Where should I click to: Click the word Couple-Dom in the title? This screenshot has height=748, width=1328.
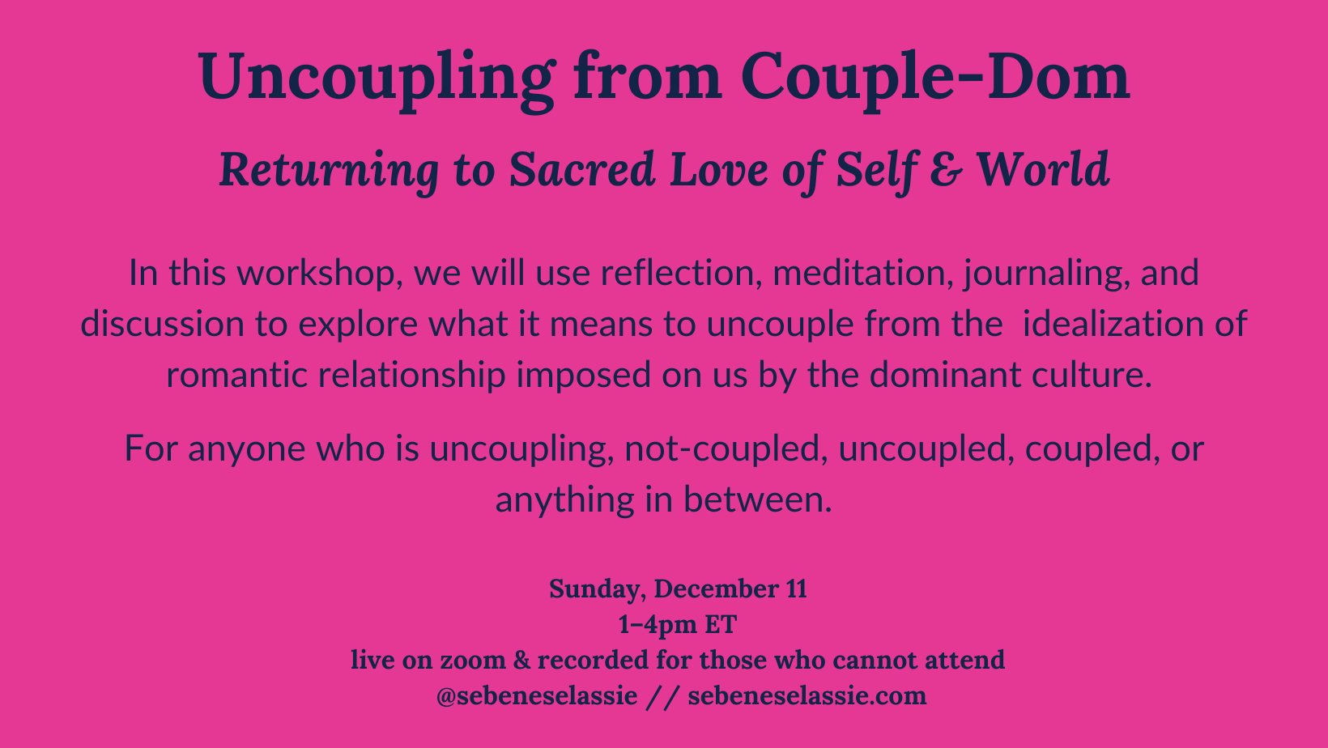point(935,77)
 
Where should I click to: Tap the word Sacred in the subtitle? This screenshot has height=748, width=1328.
point(581,171)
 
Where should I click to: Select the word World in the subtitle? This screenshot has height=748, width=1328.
point(1043,171)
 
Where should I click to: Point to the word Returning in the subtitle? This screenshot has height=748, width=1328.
point(329,171)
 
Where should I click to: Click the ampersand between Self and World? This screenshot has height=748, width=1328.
point(943,171)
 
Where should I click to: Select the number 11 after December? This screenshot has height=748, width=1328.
point(796,589)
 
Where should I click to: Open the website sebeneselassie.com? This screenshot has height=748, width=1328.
point(807,695)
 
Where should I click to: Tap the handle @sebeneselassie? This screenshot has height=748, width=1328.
point(536,695)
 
